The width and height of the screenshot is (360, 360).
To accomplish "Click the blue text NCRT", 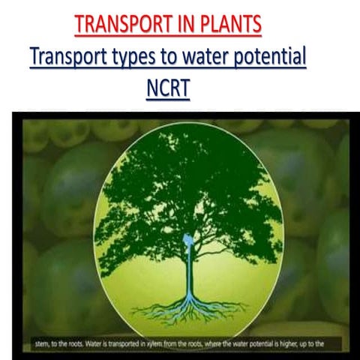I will click(x=168, y=88).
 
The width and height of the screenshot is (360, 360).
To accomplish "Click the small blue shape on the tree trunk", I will click(x=187, y=241).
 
